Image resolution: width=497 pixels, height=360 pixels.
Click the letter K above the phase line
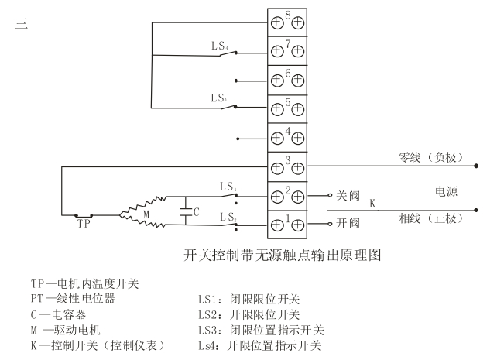(372, 204)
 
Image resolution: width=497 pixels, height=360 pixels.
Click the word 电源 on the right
(447, 190)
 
